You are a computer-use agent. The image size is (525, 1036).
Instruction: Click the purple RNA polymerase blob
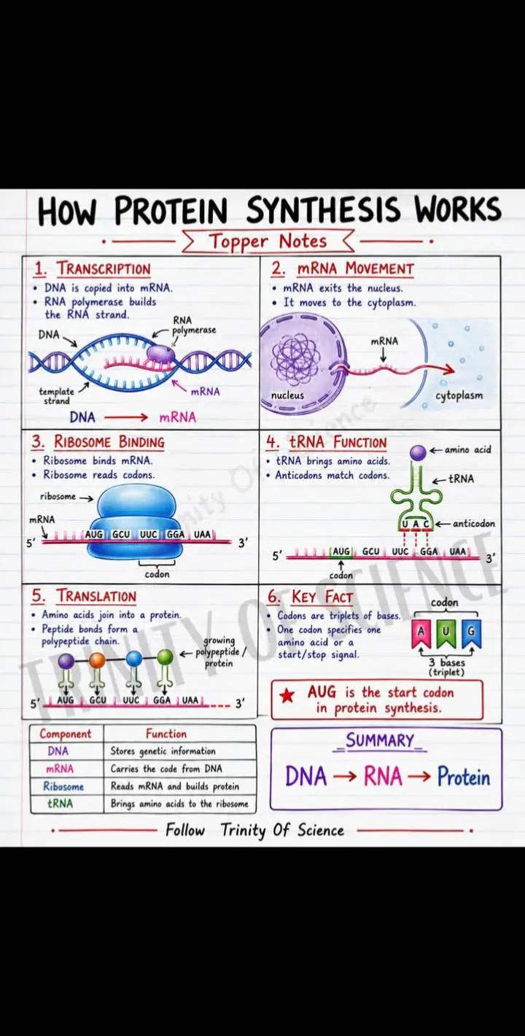click(x=161, y=354)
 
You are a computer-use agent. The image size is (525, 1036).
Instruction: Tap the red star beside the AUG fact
click(x=287, y=695)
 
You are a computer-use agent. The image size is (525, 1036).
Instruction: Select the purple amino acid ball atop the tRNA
click(x=419, y=452)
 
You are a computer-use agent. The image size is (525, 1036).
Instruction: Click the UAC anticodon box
click(x=415, y=524)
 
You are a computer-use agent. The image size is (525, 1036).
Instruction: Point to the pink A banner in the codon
click(x=421, y=633)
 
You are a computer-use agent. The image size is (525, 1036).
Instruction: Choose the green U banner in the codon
click(x=446, y=633)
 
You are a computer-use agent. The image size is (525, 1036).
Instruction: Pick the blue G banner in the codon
click(x=471, y=633)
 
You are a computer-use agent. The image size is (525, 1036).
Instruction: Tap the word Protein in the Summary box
click(x=464, y=776)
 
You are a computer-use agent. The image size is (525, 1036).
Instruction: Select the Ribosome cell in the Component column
click(x=63, y=786)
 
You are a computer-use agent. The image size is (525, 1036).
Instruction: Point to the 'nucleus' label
click(x=287, y=395)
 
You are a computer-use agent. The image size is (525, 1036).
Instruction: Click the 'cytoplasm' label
click(x=459, y=396)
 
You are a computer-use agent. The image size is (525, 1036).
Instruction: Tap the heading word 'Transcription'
click(x=104, y=268)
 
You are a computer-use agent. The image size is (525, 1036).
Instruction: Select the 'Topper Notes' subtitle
click(x=268, y=241)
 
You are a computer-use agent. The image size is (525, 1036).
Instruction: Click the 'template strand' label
click(x=56, y=396)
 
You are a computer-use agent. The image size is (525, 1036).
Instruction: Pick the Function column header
click(x=166, y=733)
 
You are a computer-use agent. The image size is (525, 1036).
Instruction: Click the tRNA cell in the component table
click(x=60, y=804)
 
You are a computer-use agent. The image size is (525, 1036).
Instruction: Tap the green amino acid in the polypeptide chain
click(x=165, y=657)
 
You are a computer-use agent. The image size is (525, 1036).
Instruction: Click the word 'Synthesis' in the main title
click(x=323, y=210)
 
